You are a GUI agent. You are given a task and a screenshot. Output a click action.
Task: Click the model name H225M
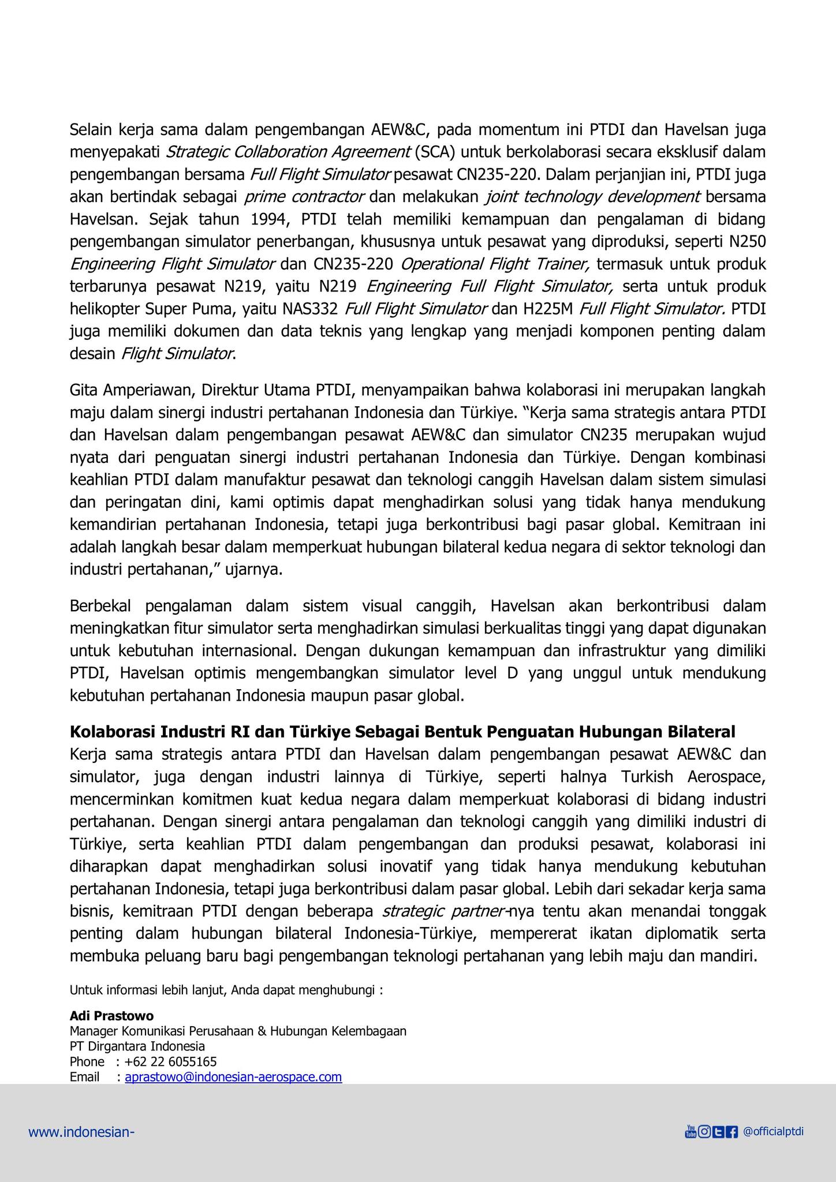tap(548, 309)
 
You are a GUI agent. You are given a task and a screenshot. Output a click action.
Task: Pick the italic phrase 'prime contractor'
tap(304, 197)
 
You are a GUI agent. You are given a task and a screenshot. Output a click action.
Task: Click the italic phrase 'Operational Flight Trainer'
tap(494, 264)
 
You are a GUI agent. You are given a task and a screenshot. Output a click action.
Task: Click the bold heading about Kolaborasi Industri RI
tap(402, 732)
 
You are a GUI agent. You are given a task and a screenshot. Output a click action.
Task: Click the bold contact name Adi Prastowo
tap(111, 1016)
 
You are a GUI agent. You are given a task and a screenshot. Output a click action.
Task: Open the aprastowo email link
tap(233, 1077)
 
